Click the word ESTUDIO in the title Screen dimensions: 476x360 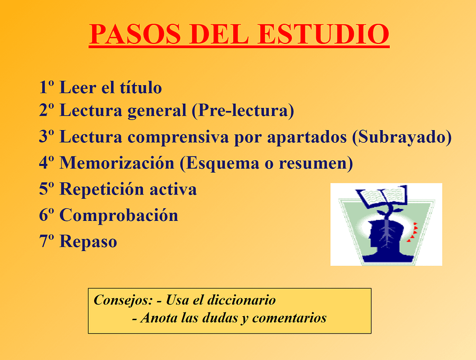click(323, 34)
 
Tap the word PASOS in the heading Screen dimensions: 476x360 click(135, 34)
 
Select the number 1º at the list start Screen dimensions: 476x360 click(47, 87)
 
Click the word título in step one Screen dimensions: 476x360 click(141, 87)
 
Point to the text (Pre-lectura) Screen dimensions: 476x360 click(243, 110)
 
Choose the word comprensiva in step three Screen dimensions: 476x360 click(178, 137)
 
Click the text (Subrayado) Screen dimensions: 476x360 click(402, 137)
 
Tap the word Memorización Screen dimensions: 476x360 click(117, 163)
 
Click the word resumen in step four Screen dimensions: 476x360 click(316, 163)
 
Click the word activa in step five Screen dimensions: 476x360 click(173, 189)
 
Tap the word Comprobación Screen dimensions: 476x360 click(118, 216)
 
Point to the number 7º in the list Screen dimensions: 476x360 click(47, 242)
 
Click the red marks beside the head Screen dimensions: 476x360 click(413, 232)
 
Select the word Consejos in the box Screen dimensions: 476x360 click(123, 300)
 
